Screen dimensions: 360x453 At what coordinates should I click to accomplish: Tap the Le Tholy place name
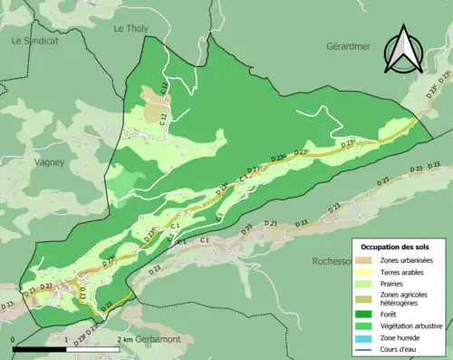click(x=130, y=29)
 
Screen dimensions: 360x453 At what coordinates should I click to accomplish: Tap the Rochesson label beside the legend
click(x=333, y=261)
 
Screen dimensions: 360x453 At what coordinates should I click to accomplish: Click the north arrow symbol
click(x=403, y=52)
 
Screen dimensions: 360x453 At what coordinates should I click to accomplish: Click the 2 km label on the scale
click(x=125, y=339)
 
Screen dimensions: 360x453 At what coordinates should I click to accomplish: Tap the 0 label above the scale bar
click(x=14, y=339)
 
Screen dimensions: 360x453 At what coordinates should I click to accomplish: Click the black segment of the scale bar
click(x=40, y=348)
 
